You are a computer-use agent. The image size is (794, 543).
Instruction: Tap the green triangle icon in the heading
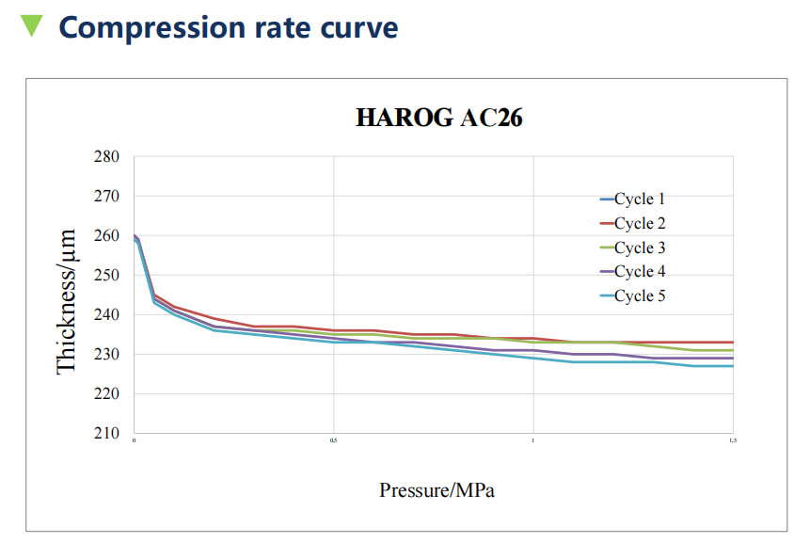pos(32,25)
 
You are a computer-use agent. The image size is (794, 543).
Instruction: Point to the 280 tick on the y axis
pos(106,156)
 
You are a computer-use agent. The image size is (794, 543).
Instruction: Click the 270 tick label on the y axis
pos(106,196)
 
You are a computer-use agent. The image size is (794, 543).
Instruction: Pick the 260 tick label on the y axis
pos(106,235)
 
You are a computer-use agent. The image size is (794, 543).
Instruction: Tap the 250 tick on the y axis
pos(106,275)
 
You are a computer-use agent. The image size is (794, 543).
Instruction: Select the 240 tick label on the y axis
pos(106,314)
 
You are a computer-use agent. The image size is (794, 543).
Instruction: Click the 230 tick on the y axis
pos(106,354)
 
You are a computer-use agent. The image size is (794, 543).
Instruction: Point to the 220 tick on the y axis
pos(106,393)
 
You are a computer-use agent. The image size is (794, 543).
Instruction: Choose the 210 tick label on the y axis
pos(106,433)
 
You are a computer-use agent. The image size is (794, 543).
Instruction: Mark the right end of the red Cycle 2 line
pos(732,342)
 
